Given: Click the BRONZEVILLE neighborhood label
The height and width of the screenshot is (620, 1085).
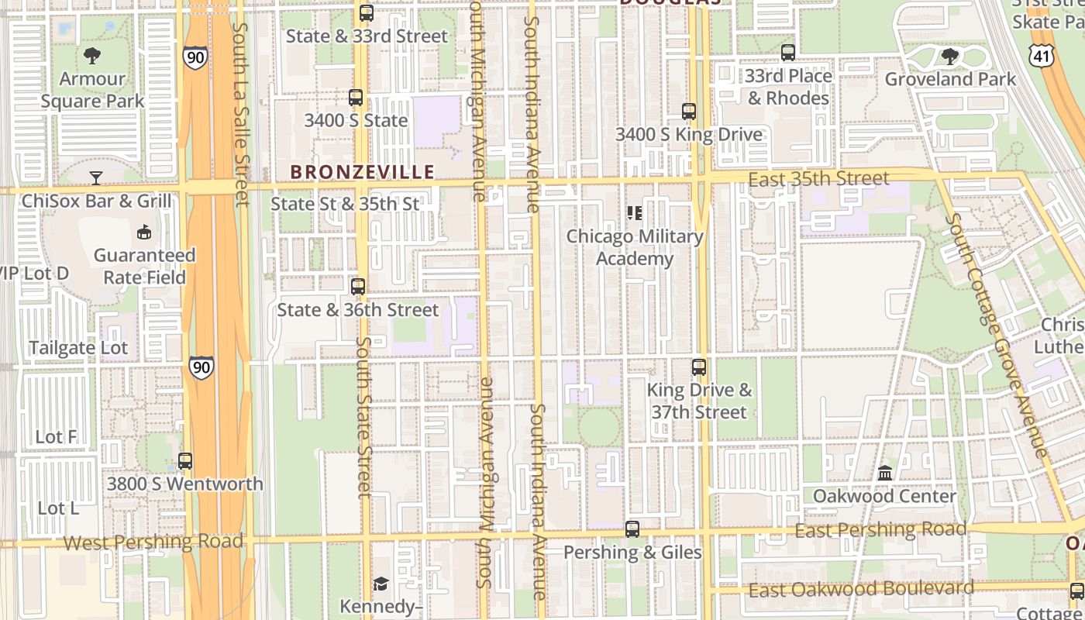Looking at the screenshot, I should (362, 171).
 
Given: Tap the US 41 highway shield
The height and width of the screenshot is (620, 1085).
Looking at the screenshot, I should (1042, 55).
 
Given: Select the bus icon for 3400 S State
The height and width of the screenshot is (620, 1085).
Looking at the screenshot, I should (356, 98).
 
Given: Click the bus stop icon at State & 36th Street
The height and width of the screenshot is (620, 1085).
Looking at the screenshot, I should (358, 287).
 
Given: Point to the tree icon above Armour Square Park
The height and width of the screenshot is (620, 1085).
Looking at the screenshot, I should (92, 56).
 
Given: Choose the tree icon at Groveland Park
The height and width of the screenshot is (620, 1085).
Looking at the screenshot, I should (949, 57).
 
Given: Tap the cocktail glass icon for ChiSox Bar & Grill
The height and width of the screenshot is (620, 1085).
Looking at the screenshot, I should (95, 178).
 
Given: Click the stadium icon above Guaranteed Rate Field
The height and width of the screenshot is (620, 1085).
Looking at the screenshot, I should (143, 232).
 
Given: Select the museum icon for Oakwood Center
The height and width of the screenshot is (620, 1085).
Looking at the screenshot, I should (884, 473).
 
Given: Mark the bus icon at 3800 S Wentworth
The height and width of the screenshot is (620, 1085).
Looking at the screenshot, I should (184, 461).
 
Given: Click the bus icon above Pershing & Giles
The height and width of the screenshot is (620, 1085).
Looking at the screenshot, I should (632, 529).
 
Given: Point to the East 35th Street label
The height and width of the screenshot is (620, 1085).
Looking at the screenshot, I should (818, 180).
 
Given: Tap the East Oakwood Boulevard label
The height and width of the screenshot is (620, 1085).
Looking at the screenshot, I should (860, 589).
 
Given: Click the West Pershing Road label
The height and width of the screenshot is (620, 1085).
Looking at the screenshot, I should (153, 541).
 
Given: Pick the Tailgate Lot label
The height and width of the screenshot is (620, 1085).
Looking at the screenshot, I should (78, 348).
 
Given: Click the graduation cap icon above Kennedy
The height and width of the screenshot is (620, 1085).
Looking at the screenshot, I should (381, 584).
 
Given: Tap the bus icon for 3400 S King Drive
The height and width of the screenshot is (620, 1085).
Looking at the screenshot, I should (689, 112).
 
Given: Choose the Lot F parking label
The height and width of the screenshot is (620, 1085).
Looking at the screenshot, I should (57, 437).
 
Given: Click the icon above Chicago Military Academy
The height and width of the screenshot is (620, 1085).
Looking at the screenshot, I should (635, 212).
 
